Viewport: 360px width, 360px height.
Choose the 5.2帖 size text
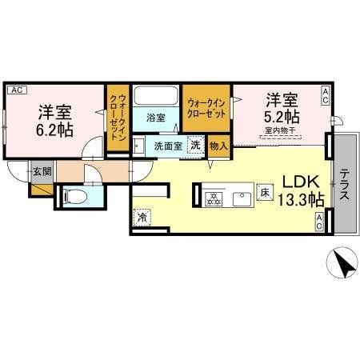pyautogui.click(x=281, y=117)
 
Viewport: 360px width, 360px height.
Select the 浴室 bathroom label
pyautogui.click(x=156, y=118)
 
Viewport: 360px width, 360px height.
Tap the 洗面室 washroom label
pyautogui.click(x=169, y=146)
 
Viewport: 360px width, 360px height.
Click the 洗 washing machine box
pyautogui.click(x=195, y=146)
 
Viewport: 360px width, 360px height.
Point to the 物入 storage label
pyautogui.click(x=218, y=146)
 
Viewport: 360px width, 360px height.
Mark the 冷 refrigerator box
pyautogui.click(x=141, y=217)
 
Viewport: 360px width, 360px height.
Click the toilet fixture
pyautogui.click(x=69, y=197)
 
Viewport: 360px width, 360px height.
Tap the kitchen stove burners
pyautogui.click(x=214, y=198)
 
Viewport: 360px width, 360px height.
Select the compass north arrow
pyautogui.click(x=342, y=264)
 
